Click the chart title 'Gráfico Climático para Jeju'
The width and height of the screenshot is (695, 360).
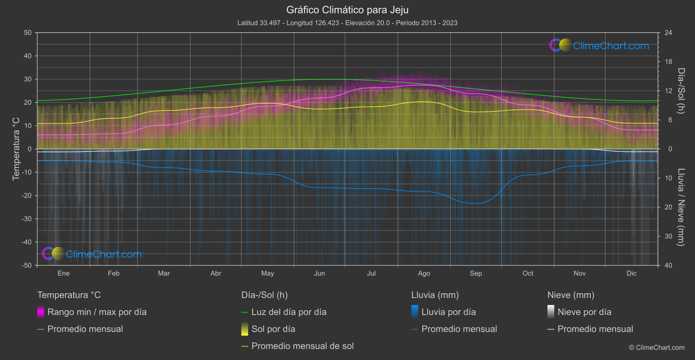(x=347, y=10)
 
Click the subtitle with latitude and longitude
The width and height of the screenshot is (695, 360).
(x=347, y=23)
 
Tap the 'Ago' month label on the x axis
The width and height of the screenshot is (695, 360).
(x=424, y=273)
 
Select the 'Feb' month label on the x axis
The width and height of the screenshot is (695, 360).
(x=113, y=273)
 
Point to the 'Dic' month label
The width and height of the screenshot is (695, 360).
(x=631, y=273)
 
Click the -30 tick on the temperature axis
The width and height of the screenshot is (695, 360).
(x=27, y=219)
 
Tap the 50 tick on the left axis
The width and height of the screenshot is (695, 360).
(x=28, y=33)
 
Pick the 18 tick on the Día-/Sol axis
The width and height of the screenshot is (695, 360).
(x=668, y=62)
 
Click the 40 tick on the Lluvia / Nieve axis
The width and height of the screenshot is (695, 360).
(x=668, y=265)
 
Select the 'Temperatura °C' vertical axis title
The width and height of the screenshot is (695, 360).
(x=16, y=148)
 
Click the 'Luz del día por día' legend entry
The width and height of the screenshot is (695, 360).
(x=289, y=312)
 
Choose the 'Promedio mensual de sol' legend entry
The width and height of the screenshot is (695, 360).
(x=302, y=346)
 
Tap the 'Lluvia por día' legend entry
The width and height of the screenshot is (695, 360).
(x=448, y=312)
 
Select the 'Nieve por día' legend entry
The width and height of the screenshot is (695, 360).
(x=584, y=312)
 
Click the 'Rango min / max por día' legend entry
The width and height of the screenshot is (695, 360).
(x=97, y=312)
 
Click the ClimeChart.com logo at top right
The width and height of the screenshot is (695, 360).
(x=599, y=45)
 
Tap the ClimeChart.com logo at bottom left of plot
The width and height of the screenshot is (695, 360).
(x=92, y=254)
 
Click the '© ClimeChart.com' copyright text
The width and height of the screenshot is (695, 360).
(x=657, y=347)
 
